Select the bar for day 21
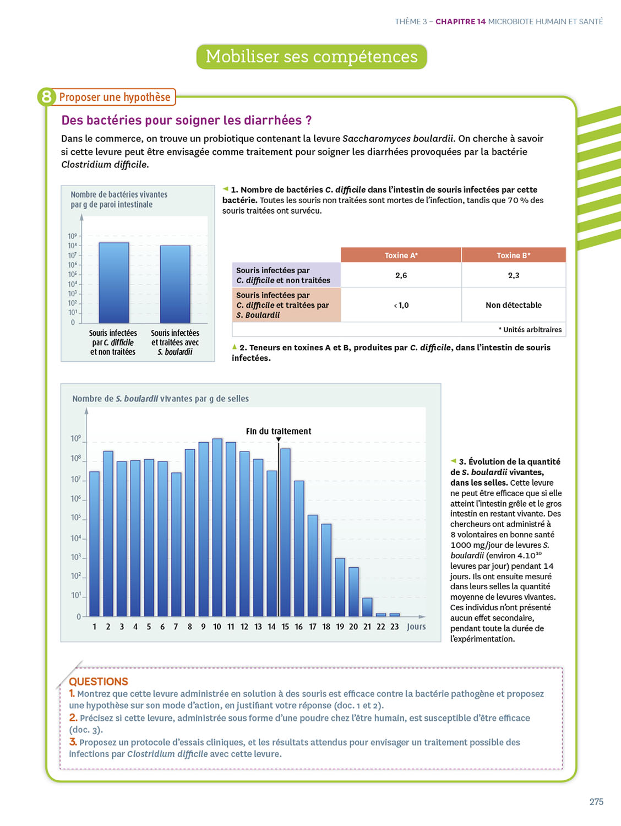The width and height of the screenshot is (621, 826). tap(367, 607)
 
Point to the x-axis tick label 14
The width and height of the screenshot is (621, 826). tap(271, 627)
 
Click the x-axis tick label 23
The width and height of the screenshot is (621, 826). tap(394, 627)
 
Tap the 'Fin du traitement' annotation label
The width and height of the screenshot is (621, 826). tap(279, 431)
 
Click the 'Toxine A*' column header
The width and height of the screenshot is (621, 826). tap(401, 255)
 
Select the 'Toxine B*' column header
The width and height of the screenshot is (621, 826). tap(513, 255)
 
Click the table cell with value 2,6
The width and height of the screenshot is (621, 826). tap(401, 275)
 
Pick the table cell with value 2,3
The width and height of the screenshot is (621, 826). tap(513, 275)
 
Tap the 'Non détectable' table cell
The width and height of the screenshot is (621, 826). tap(513, 305)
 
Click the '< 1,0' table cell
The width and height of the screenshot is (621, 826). tap(401, 305)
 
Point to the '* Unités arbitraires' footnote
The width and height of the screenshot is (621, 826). tap(530, 329)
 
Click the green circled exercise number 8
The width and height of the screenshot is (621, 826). tap(47, 97)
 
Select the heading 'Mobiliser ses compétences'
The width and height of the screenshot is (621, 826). tap(312, 57)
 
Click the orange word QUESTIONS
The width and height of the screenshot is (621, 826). tap(99, 681)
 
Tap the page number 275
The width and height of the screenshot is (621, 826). tap(596, 802)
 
